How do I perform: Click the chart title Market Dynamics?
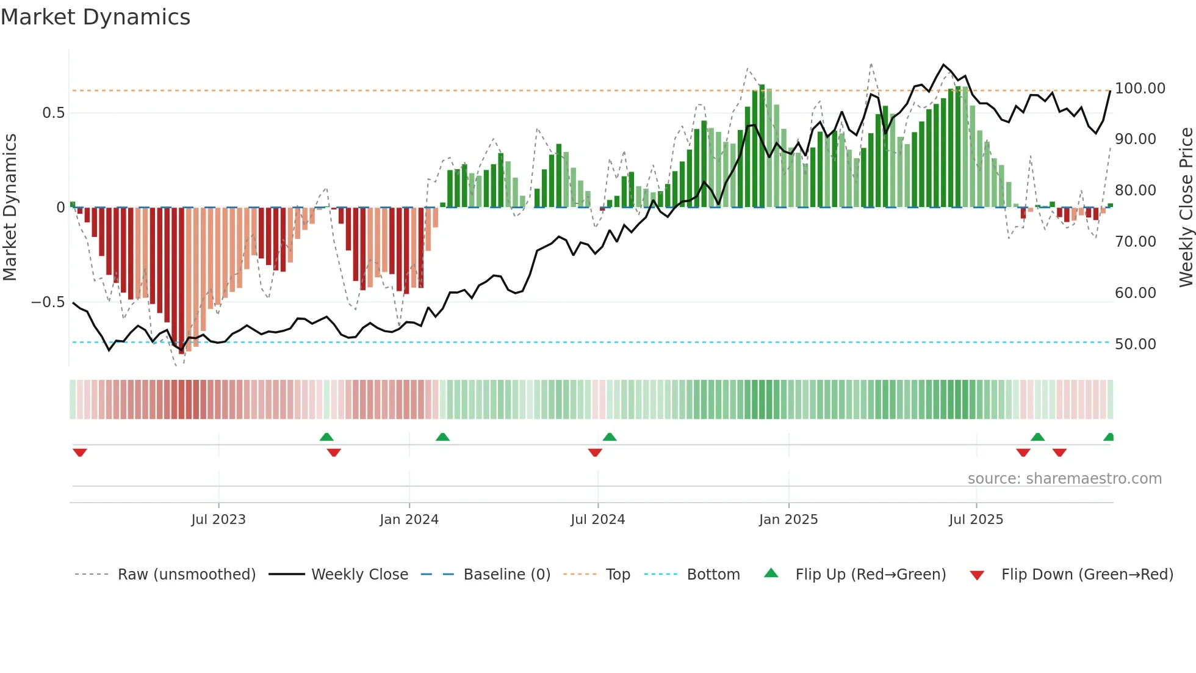tap(95, 17)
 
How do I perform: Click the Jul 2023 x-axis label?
tap(218, 520)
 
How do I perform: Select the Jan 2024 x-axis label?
tap(409, 520)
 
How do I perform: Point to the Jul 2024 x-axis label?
tap(597, 520)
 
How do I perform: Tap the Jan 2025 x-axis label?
tap(788, 520)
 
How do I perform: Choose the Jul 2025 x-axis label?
tap(976, 520)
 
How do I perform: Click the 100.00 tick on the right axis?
tap(1139, 89)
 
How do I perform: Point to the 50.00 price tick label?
tap(1135, 344)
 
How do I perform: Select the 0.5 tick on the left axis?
tap(53, 113)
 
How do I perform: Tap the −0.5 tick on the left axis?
tap(48, 302)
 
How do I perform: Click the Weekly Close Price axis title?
tap(1186, 208)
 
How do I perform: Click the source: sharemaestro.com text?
tap(1064, 479)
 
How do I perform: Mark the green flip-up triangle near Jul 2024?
tap(610, 437)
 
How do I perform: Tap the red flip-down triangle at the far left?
tap(80, 453)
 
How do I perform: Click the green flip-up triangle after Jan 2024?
tap(442, 437)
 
